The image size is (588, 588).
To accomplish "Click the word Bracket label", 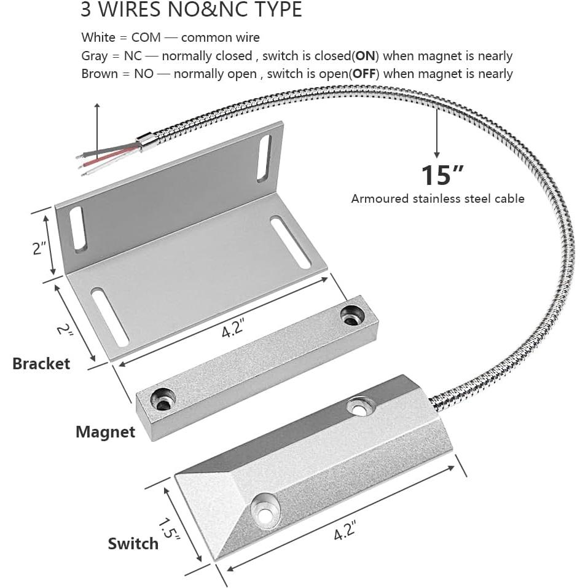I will (41, 363).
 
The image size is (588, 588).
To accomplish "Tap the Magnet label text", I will (105, 432).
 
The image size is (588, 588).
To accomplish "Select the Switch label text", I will (133, 543).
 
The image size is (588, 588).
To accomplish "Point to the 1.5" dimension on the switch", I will (168, 529).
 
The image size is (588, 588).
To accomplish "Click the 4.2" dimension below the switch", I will (345, 529).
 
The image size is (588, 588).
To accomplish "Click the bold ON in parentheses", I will (366, 56).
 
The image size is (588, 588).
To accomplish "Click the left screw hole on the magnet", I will (164, 399).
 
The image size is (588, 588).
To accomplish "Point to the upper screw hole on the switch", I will (360, 406).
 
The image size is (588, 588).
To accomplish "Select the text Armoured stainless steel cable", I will (437, 198).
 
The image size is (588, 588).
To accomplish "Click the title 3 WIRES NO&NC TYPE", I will (191, 10).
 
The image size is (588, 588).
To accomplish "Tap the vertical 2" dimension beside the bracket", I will (40, 248).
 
